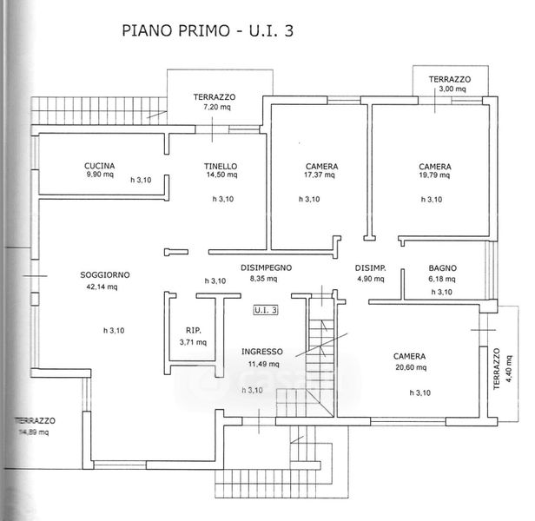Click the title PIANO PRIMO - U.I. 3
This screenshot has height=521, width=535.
pos(208,30)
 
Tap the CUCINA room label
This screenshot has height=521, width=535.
pos(99,166)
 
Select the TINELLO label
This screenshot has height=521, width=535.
pos(221,166)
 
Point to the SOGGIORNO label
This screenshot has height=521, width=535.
pos(105,274)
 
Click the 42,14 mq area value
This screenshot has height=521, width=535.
pos(102,287)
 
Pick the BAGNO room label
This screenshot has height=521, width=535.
pos(443,268)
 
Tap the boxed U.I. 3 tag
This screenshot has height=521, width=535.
pos(266,310)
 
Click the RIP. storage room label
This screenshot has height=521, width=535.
pos(194,330)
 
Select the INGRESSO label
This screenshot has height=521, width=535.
pos(262,352)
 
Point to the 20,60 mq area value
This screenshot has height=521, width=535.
pos(411,367)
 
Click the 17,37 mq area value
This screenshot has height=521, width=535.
pos(320,175)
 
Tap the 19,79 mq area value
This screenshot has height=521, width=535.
pos(434,175)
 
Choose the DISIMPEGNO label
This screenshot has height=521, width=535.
pos(266,267)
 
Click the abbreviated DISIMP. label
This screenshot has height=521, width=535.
pos(371,268)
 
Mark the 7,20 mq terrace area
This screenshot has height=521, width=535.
pos(217,107)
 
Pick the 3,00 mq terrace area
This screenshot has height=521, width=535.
pos(452,89)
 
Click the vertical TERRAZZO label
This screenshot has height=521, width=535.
pos(497,368)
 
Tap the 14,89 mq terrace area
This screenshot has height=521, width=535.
pos(33,432)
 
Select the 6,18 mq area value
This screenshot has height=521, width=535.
pos(442,279)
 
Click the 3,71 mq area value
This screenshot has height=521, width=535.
pos(193,342)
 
